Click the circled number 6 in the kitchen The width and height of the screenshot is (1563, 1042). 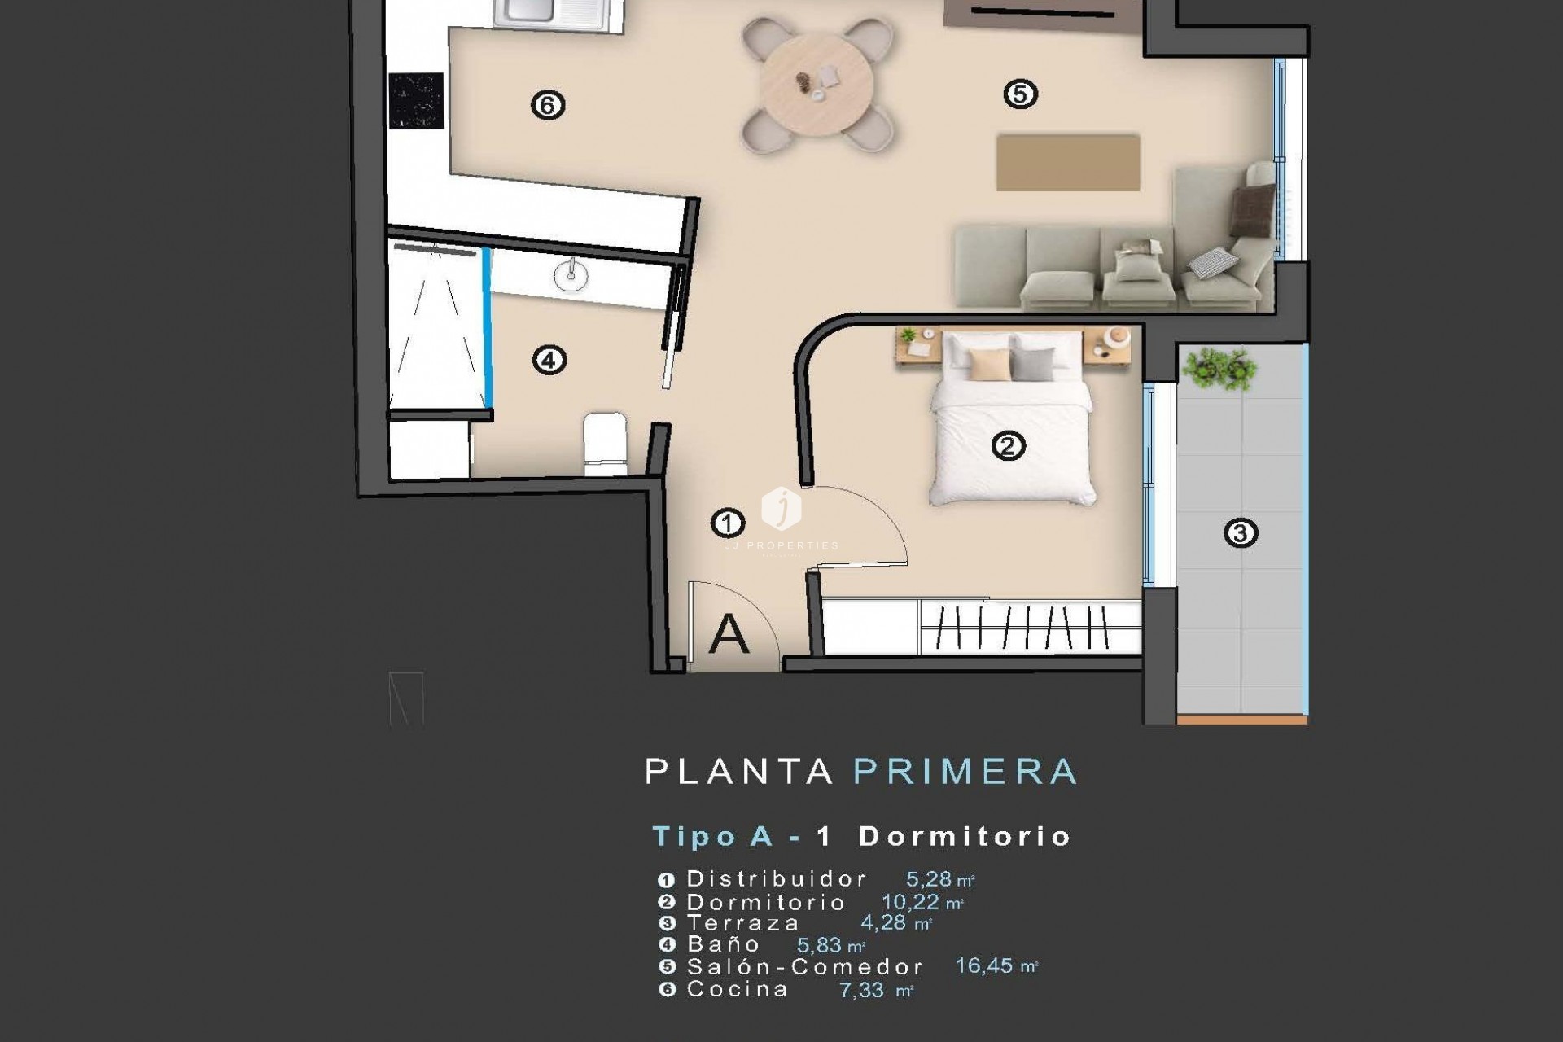(x=547, y=104)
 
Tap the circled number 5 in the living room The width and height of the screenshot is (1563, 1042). (x=1020, y=94)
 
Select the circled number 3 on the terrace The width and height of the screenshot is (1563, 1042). (x=1241, y=533)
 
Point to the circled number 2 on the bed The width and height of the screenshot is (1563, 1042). (x=1008, y=446)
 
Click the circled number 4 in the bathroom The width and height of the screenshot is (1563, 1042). (x=549, y=360)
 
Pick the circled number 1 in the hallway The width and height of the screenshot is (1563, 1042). (x=727, y=523)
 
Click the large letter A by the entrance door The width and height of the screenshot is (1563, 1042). (x=729, y=634)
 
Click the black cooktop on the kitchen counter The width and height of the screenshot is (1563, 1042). (x=416, y=101)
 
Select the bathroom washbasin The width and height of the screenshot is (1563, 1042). (x=571, y=275)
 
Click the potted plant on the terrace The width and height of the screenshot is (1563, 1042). (x=1218, y=368)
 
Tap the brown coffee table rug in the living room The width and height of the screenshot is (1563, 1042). (x=1068, y=163)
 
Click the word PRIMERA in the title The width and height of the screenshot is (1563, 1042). (x=965, y=772)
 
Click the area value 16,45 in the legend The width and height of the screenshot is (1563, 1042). (x=984, y=966)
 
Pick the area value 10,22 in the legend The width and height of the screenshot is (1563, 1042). (x=911, y=902)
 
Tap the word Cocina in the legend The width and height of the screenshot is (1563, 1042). (x=737, y=990)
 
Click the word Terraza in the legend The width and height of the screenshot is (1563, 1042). (x=742, y=923)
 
